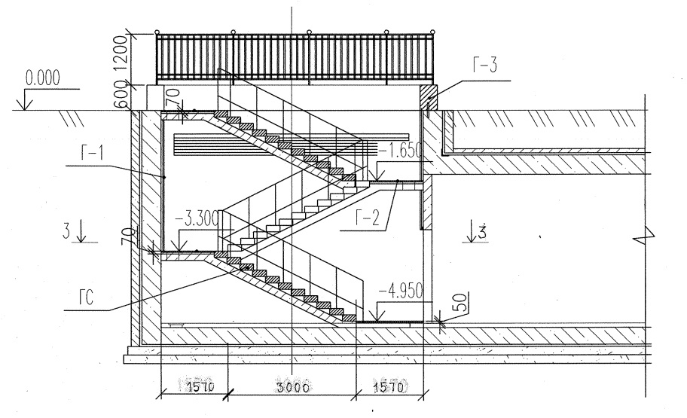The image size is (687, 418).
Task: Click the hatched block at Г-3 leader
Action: pyautogui.click(x=428, y=95)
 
